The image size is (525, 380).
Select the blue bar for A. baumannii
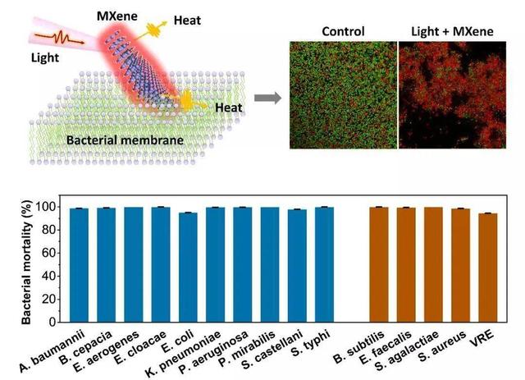[x=79, y=263]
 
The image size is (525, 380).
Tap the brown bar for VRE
[x=487, y=265]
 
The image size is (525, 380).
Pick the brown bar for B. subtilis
[x=378, y=263]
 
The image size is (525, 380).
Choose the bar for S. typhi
[x=324, y=263]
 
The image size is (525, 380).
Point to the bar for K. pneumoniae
[x=215, y=263]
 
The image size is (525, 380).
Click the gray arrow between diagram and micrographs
[x=264, y=98]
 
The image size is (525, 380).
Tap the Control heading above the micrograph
[x=343, y=31]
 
